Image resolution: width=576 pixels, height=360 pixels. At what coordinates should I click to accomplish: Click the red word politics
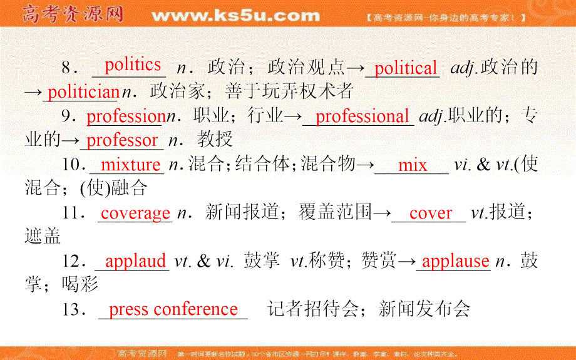click(x=133, y=64)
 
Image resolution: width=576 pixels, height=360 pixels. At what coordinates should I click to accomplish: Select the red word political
click(x=406, y=68)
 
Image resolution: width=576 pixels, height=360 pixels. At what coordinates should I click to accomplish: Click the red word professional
click(x=362, y=116)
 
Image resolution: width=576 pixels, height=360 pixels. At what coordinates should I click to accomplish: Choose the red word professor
click(x=122, y=140)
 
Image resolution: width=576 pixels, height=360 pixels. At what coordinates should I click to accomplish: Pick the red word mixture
click(x=131, y=165)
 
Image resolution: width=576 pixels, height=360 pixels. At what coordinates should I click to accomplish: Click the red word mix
click(x=413, y=165)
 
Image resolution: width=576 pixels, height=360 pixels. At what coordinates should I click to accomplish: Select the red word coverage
click(x=136, y=213)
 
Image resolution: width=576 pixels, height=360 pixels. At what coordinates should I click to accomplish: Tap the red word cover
click(x=431, y=213)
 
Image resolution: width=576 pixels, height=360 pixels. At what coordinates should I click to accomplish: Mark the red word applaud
click(x=136, y=261)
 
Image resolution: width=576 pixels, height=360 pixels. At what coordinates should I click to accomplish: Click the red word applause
click(x=456, y=261)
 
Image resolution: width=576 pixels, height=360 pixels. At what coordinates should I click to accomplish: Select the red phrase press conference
click(x=173, y=309)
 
